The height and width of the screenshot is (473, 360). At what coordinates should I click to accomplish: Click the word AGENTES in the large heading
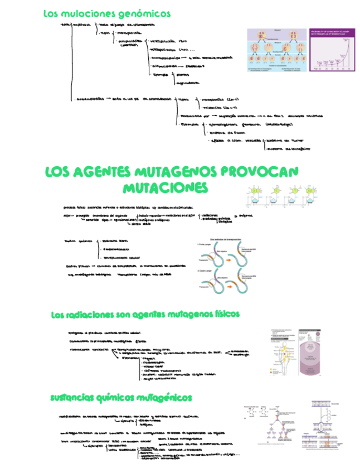tap(103, 171)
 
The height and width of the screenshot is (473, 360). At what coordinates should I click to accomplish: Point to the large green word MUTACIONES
tap(166, 187)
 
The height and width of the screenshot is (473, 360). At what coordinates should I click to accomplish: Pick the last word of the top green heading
tap(145, 13)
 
